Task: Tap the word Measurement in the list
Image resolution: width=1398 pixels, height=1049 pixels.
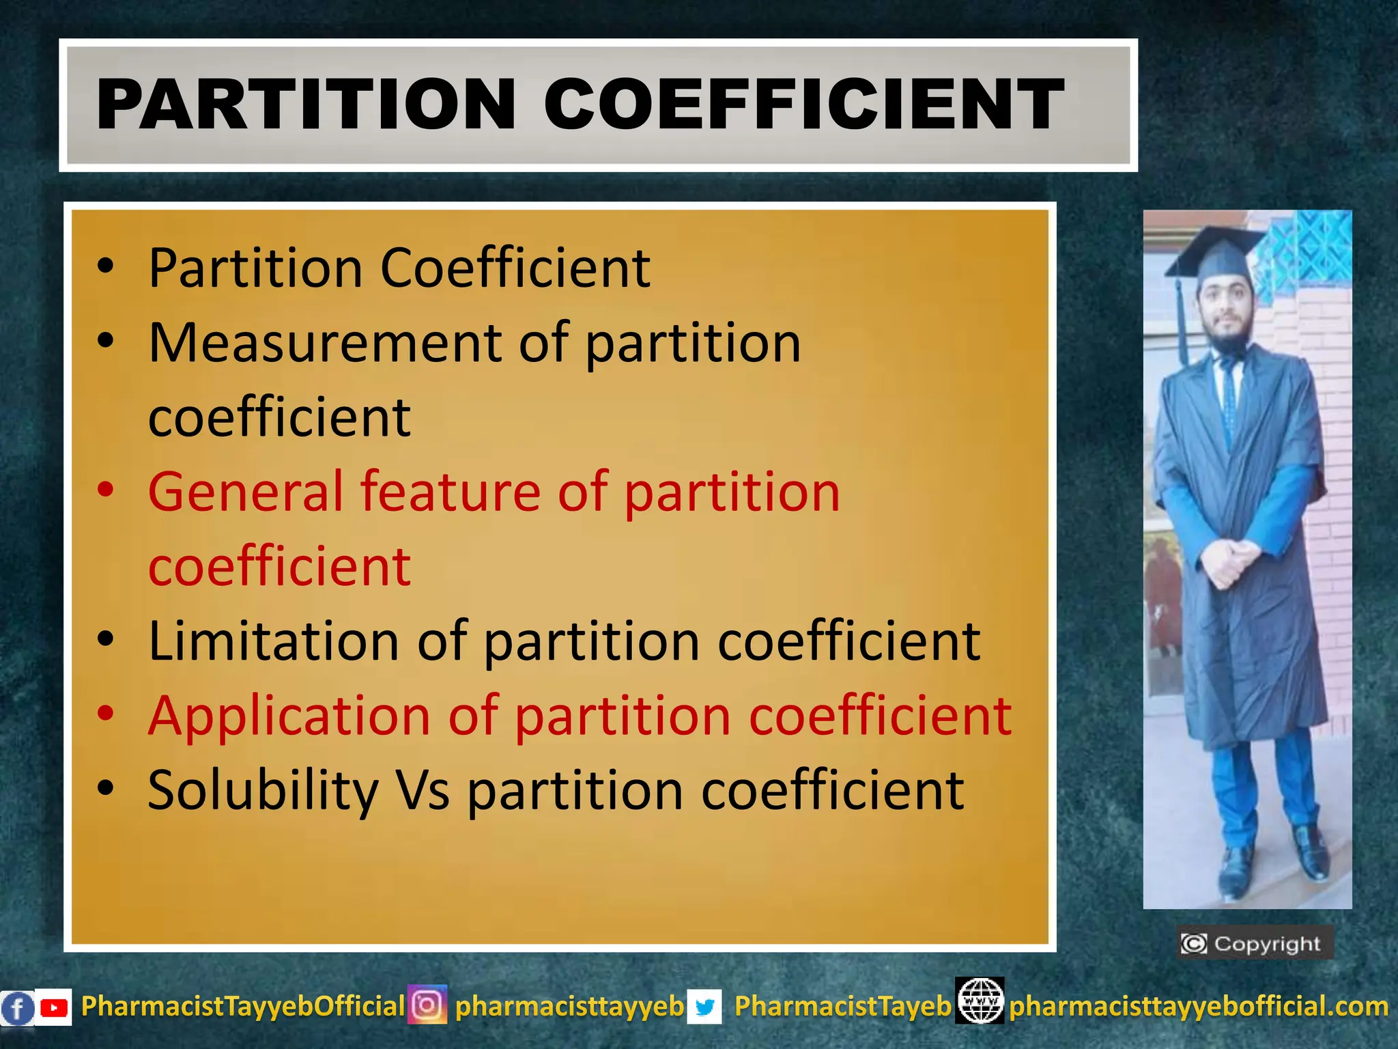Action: [x=324, y=342]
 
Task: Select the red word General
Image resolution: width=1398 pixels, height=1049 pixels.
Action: [x=244, y=491]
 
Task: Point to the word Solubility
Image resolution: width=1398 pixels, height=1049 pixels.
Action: [x=263, y=791]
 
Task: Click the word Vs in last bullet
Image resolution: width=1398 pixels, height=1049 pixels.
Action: [x=423, y=791]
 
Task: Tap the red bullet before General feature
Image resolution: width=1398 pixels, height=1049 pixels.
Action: [x=105, y=490]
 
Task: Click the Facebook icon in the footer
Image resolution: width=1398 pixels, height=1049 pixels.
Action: [x=17, y=1008]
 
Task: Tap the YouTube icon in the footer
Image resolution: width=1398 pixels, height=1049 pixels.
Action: [x=53, y=1007]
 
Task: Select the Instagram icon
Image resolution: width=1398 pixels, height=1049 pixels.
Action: [x=427, y=1005]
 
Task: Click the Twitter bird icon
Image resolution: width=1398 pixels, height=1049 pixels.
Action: [x=704, y=1007]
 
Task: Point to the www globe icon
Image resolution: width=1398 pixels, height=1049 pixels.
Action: [x=980, y=1001]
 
